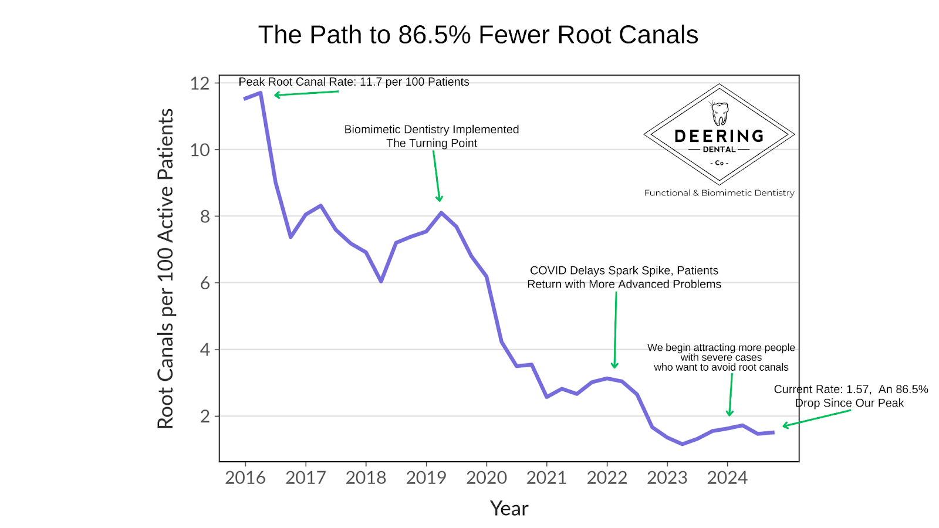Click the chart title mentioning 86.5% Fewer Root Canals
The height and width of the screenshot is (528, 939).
(478, 35)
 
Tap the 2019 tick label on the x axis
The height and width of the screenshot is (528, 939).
(426, 478)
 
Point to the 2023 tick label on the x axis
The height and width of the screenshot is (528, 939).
(667, 478)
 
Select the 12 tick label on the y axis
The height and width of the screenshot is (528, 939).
(200, 83)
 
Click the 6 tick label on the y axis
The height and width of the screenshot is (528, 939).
(204, 283)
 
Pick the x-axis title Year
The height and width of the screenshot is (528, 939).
(509, 509)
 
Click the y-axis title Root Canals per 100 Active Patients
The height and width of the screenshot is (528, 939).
(165, 268)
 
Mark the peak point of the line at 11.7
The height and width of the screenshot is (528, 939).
(260, 93)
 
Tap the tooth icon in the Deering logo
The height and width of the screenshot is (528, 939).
(720, 113)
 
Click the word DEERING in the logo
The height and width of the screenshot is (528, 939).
(719, 136)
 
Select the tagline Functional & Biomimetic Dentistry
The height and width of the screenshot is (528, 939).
(719, 193)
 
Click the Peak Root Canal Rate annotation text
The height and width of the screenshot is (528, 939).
(353, 82)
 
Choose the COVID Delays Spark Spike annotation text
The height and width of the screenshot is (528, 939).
(624, 277)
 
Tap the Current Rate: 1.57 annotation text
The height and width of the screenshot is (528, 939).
(850, 395)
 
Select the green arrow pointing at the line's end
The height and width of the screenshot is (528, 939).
(816, 418)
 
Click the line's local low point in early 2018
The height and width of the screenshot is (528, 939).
(381, 281)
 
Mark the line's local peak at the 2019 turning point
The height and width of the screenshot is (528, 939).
(441, 213)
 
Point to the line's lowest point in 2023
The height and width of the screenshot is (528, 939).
(682, 444)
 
